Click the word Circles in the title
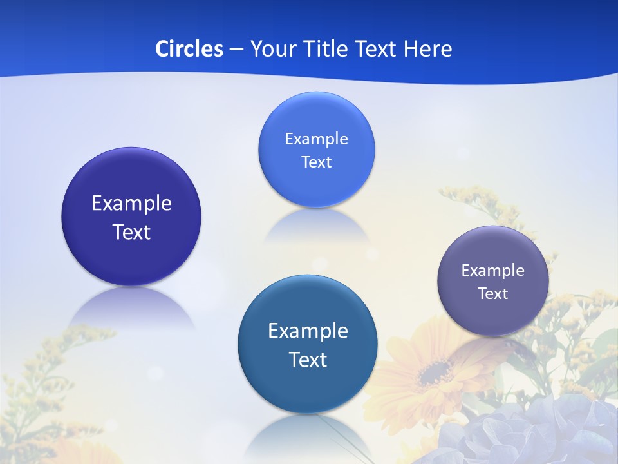pyautogui.click(x=189, y=49)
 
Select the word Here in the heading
pyautogui.click(x=427, y=49)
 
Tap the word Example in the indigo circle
pyautogui.click(x=131, y=204)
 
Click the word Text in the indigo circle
pyautogui.click(x=131, y=232)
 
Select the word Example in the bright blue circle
pyautogui.click(x=316, y=139)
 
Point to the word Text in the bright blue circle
pyautogui.click(x=316, y=162)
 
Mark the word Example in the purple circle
pyautogui.click(x=493, y=271)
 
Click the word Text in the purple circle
pyautogui.click(x=493, y=294)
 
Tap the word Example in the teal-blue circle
pyautogui.click(x=308, y=331)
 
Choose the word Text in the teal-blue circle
pyautogui.click(x=308, y=360)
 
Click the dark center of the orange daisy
pyautogui.click(x=436, y=371)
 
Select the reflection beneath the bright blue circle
pyautogui.click(x=316, y=226)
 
